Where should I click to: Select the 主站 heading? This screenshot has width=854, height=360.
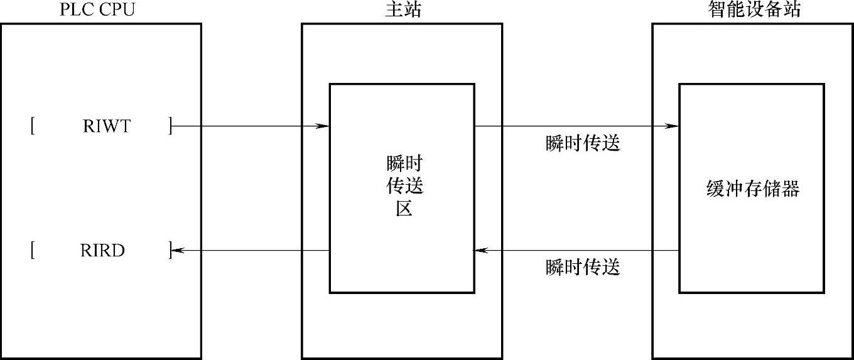click(x=401, y=9)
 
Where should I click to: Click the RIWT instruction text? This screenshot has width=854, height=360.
click(x=106, y=126)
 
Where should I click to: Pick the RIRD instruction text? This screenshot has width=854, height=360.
click(x=102, y=251)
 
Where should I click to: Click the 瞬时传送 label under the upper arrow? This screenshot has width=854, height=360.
click(x=583, y=144)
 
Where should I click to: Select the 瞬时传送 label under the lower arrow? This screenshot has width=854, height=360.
click(x=583, y=268)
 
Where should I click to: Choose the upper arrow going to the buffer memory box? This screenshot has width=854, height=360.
click(x=576, y=126)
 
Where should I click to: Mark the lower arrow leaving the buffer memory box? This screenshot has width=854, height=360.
click(x=576, y=251)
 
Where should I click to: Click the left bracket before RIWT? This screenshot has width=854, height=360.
click(x=31, y=126)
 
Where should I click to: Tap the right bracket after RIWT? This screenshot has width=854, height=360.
click(x=170, y=126)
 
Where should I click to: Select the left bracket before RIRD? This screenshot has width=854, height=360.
click(x=31, y=251)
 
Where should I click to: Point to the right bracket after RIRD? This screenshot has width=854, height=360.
click(x=170, y=251)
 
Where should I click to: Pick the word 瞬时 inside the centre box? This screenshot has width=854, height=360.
click(x=404, y=165)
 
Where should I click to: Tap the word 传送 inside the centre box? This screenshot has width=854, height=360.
click(x=404, y=187)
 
